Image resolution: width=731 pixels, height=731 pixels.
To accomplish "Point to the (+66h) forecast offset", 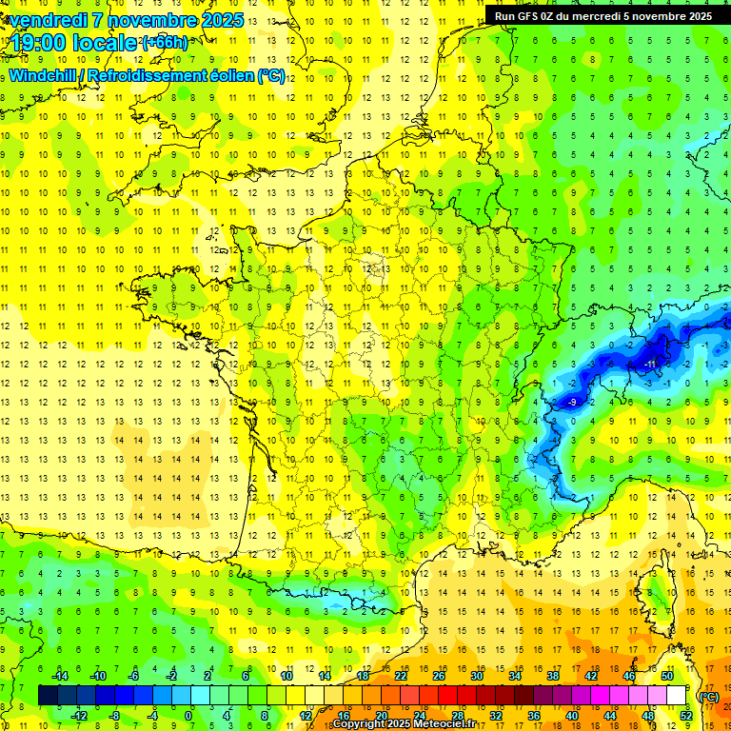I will point(165,43).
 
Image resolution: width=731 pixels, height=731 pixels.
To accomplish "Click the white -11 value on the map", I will point(649,365).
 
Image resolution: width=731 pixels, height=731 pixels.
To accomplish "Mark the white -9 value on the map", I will point(572,403).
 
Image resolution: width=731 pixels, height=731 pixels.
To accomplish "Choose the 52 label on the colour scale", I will point(686,715).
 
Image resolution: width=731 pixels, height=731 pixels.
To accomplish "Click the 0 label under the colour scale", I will point(188,715).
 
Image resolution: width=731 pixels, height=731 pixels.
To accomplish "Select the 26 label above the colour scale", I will point(438,676).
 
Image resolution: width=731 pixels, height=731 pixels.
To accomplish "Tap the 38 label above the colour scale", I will point(552,676).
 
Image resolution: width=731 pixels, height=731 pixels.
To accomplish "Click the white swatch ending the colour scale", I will point(676,695).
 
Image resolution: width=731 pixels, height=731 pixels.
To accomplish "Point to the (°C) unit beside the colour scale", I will point(709,697).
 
